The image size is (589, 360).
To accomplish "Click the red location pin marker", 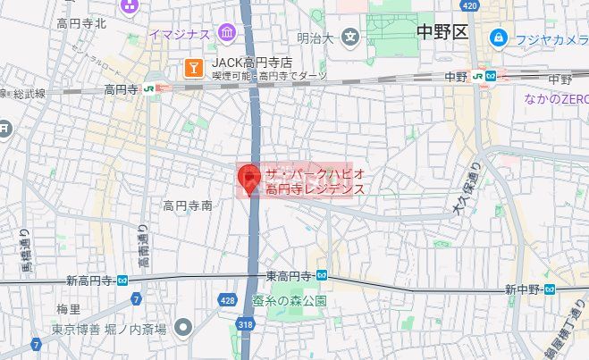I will point(250,177).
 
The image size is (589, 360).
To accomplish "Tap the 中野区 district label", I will point(442,33).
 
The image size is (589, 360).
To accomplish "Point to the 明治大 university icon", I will point(350,38).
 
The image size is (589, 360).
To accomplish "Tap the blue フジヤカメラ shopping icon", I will point(498,38).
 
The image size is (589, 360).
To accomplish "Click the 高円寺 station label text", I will point(122,88).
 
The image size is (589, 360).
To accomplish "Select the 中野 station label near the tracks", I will point(456,77).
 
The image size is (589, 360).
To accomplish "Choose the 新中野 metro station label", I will point(523,289).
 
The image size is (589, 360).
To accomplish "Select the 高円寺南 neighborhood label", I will point(187,205).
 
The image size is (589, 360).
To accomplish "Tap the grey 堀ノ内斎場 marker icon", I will point(184,327).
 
